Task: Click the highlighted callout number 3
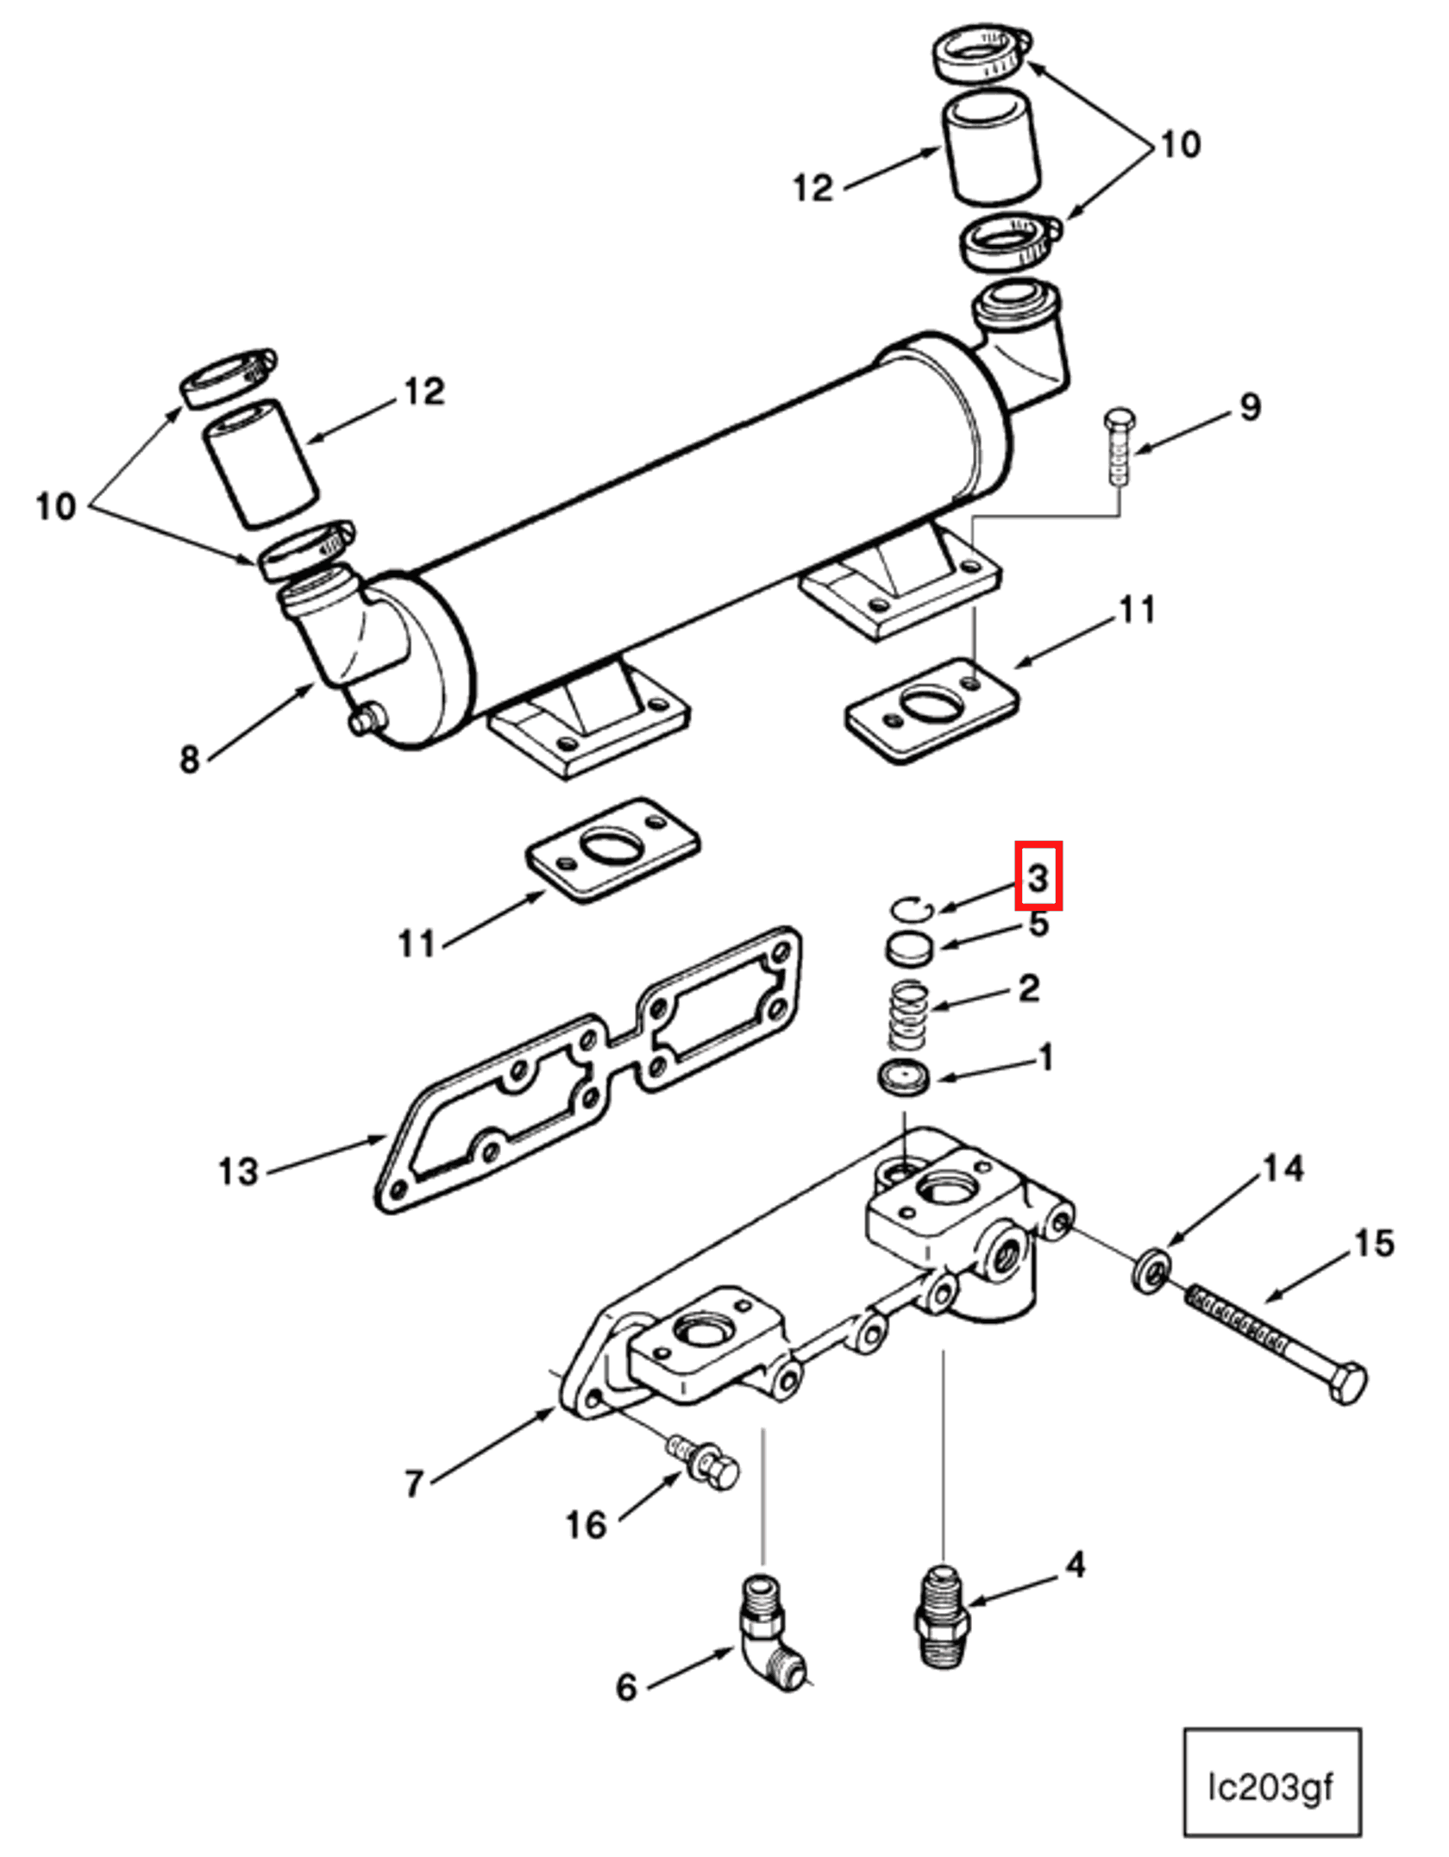click(1038, 877)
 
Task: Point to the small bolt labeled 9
click(1119, 449)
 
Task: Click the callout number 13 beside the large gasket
click(238, 1172)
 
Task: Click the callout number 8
click(189, 759)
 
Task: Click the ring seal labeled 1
click(904, 1078)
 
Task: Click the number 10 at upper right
click(1180, 144)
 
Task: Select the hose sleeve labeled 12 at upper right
click(990, 148)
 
